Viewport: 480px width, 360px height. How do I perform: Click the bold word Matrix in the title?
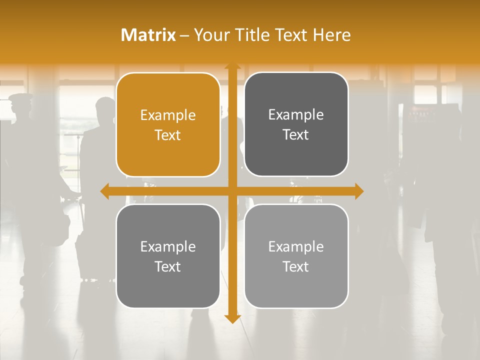148,35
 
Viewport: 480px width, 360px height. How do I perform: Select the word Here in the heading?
331,35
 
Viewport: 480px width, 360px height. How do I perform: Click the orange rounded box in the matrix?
168,125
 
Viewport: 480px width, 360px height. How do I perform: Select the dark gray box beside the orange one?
296,124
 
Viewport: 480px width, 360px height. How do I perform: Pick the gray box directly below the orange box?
168,256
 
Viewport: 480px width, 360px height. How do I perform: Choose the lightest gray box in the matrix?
296,256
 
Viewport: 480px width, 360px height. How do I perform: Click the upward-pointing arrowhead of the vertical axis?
232,67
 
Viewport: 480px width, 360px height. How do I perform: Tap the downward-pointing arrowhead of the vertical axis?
232,319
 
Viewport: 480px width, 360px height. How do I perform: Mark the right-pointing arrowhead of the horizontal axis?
359,191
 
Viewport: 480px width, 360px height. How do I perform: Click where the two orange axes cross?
232,191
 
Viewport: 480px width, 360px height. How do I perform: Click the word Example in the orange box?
168,115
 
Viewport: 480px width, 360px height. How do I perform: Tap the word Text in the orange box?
168,135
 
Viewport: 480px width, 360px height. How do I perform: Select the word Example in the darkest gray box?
296,115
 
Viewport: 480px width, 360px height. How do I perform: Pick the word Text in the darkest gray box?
296,135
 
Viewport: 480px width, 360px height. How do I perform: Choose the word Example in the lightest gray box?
296,246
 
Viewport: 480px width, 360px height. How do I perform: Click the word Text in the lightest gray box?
296,266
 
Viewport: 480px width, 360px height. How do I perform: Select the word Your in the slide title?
211,35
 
